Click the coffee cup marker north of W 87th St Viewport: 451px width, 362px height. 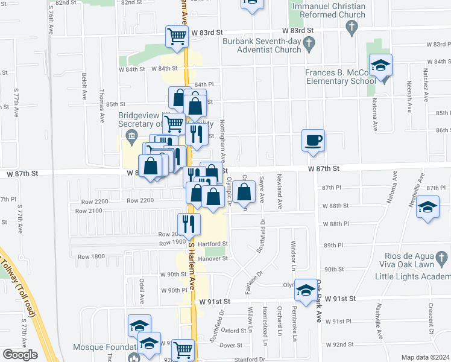[x=313, y=141]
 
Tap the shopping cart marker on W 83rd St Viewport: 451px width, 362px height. [x=177, y=37]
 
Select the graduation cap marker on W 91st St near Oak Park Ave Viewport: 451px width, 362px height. [x=306, y=292]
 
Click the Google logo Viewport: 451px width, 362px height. [x=20, y=354]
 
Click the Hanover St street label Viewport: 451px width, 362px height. [x=215, y=258]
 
